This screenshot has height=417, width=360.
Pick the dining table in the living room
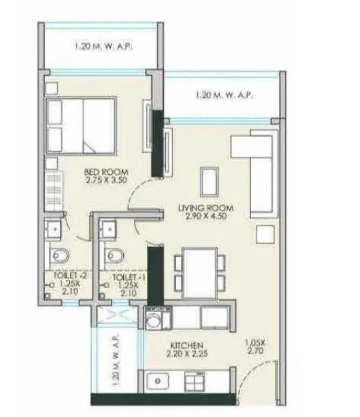coord(200,273)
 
